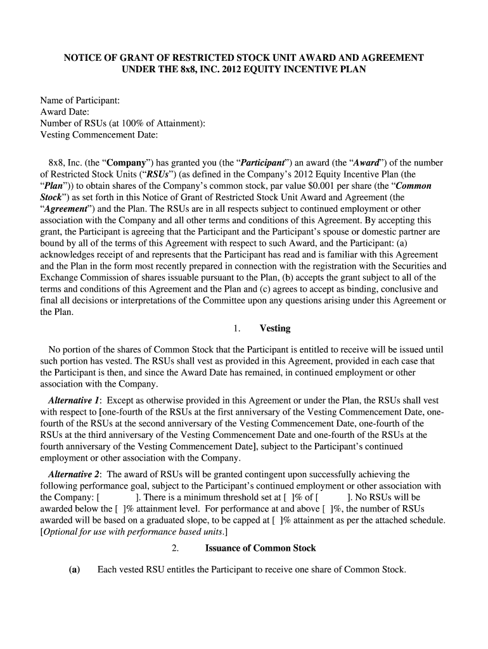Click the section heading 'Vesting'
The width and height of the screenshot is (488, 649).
tap(274, 328)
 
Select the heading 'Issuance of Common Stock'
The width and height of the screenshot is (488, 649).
tap(260, 548)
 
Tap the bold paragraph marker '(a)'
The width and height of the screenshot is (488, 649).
tap(75, 569)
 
